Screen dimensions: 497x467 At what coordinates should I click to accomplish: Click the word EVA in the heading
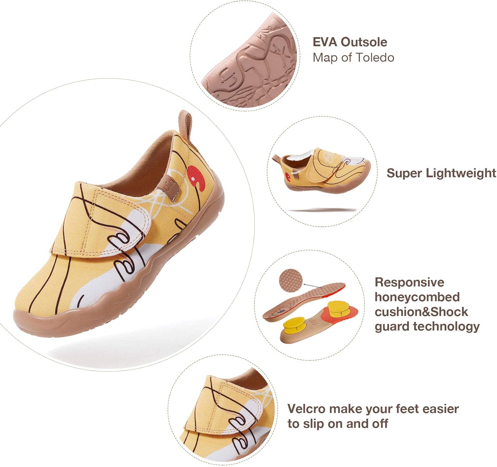point(325,42)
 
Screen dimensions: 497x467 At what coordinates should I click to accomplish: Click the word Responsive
point(409,282)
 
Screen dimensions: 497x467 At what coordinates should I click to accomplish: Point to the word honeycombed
point(417,297)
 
